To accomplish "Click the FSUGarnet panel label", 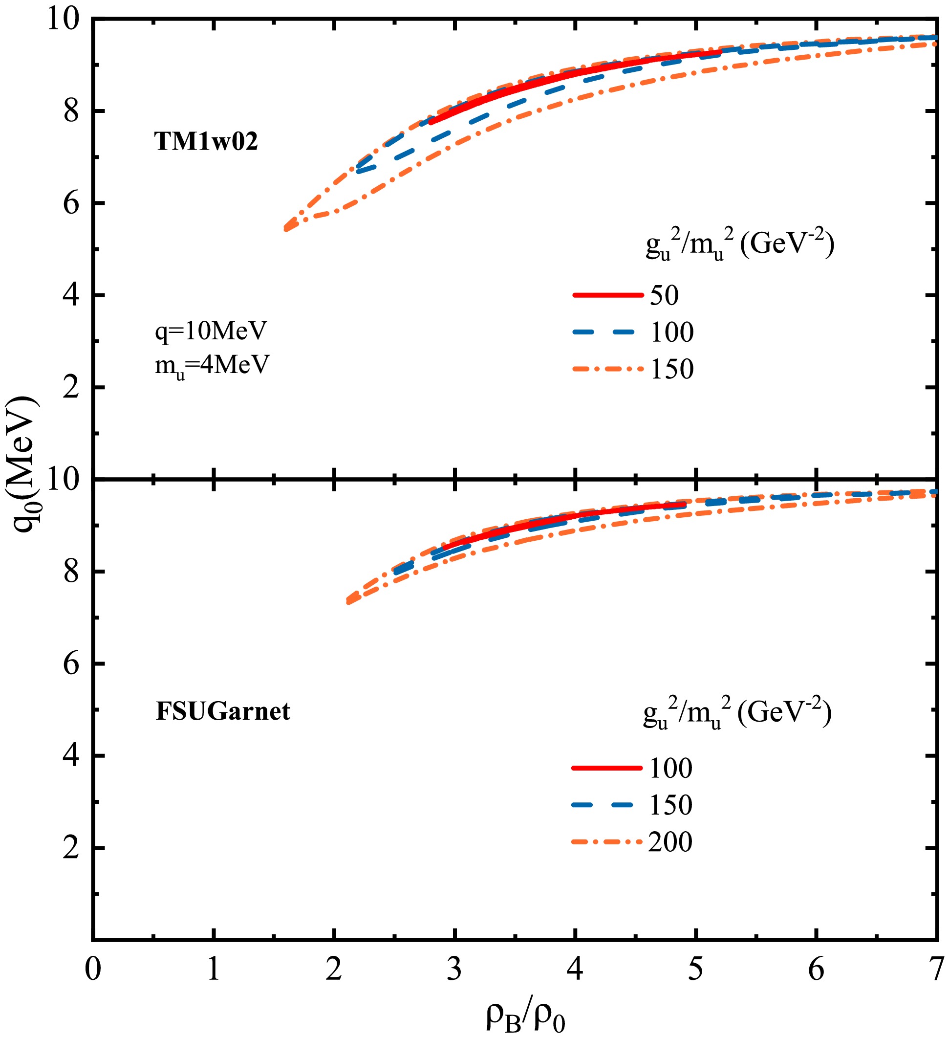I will pos(223,711).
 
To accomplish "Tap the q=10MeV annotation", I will pos(211,331).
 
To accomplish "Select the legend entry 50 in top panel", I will pos(665,295).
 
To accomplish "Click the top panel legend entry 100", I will pos(672,332).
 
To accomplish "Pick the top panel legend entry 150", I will pos(672,369).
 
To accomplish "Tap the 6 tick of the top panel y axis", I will pos(72,203).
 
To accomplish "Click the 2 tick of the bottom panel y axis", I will pos(72,848).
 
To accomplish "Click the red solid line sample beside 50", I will pos(608,295).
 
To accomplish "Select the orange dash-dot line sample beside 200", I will pos(607,842).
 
